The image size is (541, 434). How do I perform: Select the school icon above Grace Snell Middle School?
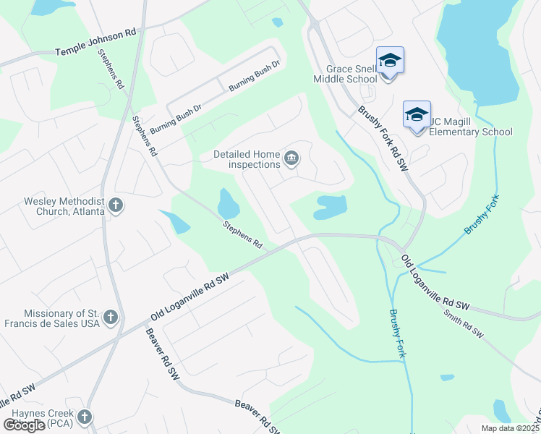[x=390, y=61]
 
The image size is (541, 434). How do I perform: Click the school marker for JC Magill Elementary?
[x=417, y=115]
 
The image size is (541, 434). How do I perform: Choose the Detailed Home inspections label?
[x=246, y=159]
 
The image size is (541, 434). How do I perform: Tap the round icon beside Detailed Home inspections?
[x=291, y=158]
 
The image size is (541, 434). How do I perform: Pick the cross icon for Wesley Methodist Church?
[x=115, y=206]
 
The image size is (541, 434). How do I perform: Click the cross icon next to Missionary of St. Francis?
[x=110, y=318]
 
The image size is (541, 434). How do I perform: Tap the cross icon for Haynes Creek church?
[x=85, y=417]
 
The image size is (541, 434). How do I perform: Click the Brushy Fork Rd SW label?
[x=383, y=139]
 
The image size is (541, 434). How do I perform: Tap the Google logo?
[x=23, y=425]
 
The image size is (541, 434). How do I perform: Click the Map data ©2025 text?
[x=511, y=428]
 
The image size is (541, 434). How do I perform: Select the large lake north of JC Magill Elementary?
[x=477, y=51]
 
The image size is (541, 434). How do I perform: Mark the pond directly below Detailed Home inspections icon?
[x=329, y=207]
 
